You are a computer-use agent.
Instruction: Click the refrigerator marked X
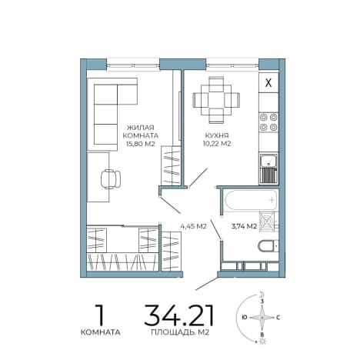pos(268,82)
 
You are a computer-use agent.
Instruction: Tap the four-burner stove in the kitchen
pos(268,122)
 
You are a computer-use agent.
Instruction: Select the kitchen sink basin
pos(268,162)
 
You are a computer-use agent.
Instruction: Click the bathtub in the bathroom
pos(251,200)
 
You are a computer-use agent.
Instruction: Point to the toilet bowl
pos(268,246)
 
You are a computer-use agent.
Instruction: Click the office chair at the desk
pos(111,179)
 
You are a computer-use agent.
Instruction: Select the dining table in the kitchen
pos(216,100)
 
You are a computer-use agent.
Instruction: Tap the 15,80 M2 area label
pos(141,144)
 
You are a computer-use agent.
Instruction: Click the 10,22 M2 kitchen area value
pos(217,144)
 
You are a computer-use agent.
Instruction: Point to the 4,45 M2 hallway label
pos(194,226)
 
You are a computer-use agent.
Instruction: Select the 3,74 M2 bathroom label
pos(244,226)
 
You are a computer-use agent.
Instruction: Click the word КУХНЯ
pos(217,135)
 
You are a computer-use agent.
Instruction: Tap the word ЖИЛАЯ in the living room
pos(141,128)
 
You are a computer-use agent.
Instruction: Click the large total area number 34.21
pos(178,315)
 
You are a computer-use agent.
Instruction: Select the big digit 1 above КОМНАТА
pos(100,315)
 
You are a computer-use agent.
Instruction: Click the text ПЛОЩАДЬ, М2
pos(180,332)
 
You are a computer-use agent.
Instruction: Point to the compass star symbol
pos(262,318)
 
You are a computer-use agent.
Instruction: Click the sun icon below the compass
pos(262,342)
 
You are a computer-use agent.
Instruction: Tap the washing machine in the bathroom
pos(267,221)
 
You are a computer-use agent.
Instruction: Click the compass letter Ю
pos(245,318)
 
